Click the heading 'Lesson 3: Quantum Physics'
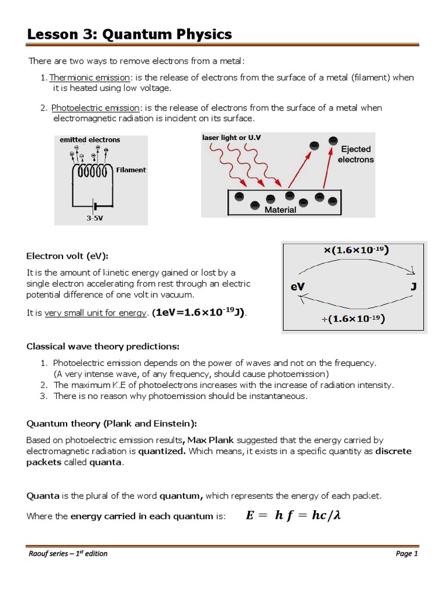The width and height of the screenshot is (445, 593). [130, 35]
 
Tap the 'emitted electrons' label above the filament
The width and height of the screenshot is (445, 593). [90, 140]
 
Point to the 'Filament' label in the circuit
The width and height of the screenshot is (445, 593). [131, 170]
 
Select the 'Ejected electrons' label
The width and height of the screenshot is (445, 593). [355, 154]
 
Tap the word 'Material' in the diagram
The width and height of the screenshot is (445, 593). [280, 210]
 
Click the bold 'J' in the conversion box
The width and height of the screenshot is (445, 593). [413, 286]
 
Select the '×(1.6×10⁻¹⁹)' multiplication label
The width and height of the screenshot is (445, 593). [356, 251]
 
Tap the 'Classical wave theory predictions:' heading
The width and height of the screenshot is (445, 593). [103, 346]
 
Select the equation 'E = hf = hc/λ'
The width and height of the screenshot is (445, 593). [293, 515]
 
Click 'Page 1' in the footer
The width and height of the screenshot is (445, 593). [407, 553]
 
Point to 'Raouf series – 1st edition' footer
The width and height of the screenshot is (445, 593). [68, 553]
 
